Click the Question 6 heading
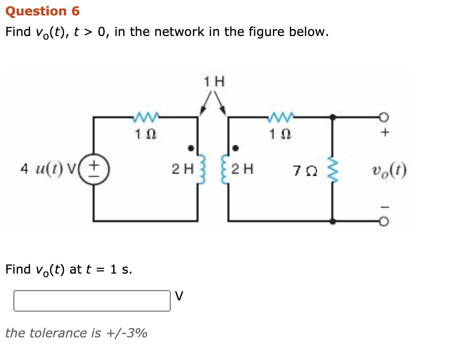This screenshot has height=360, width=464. click(42, 11)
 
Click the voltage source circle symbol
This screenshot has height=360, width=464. click(93, 169)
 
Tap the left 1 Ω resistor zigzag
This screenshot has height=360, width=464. click(146, 118)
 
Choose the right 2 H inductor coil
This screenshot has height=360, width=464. click(225, 169)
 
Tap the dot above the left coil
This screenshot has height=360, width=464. click(191, 148)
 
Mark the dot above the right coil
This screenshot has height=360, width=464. click(236, 148)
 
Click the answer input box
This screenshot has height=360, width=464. click(92, 301)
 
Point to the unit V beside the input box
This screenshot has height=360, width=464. click(179, 296)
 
